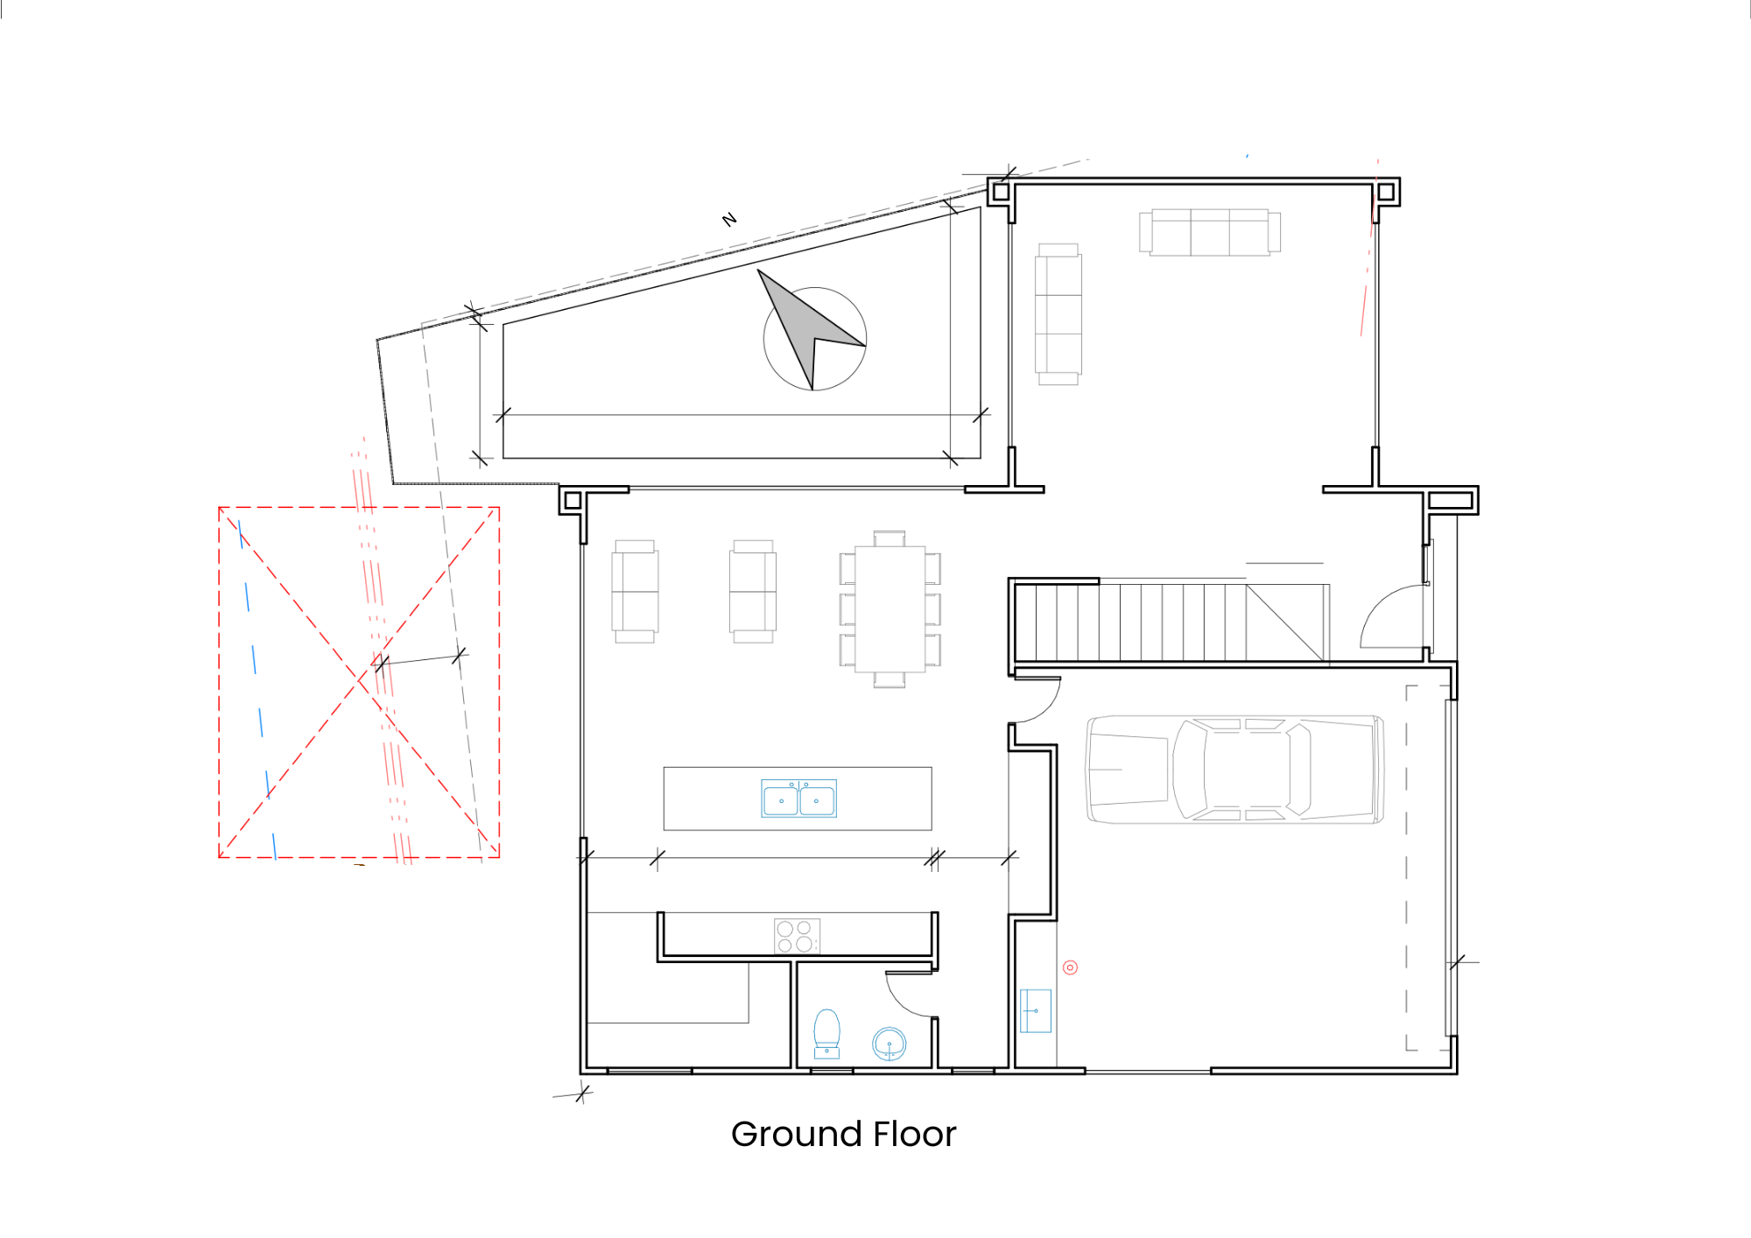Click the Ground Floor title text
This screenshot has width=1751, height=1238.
(843, 1134)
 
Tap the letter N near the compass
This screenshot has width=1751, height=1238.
(729, 219)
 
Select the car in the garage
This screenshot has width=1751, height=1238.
(1234, 770)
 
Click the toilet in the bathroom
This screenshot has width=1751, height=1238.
(826, 1033)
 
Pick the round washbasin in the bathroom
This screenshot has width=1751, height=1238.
(889, 1044)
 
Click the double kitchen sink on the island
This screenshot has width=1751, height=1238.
(798, 798)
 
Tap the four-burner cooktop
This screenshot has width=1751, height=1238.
(797, 936)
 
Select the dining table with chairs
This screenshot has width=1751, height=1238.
(890, 609)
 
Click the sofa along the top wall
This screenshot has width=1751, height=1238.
(1210, 232)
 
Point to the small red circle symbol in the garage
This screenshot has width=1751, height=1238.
(1070, 967)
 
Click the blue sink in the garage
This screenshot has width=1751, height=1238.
(1036, 1010)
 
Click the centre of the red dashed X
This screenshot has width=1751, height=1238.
(358, 681)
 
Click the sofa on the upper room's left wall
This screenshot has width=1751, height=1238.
(1058, 314)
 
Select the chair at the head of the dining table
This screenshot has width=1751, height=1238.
(890, 538)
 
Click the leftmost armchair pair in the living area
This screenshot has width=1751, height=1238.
(635, 591)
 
